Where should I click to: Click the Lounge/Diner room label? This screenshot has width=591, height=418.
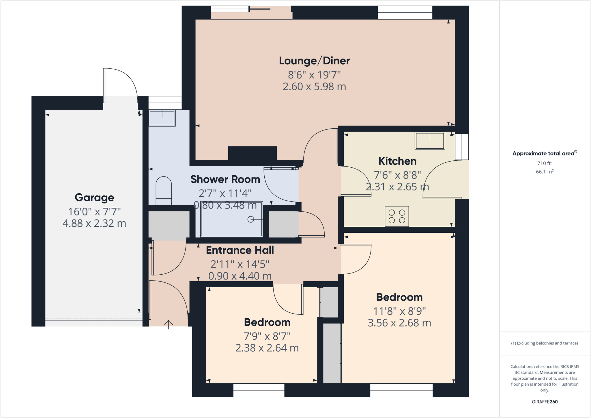(314, 61)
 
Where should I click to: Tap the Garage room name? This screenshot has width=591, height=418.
(94, 198)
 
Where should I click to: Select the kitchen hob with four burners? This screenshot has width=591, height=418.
(397, 216)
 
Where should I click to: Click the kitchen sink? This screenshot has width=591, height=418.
(430, 141)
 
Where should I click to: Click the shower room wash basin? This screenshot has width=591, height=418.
(162, 118)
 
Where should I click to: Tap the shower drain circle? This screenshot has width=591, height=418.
(250, 220)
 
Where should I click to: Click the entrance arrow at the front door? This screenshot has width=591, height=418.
(169, 324)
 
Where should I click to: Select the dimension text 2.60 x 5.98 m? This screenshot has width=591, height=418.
(314, 87)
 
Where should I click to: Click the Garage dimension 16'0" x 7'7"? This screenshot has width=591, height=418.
(94, 212)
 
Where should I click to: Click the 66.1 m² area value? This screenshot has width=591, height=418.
(545, 172)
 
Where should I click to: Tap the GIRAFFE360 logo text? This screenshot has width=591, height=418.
(545, 402)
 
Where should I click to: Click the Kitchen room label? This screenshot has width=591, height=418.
(397, 161)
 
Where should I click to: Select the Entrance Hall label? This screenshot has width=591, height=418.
(240, 250)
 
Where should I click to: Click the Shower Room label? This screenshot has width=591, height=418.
(225, 179)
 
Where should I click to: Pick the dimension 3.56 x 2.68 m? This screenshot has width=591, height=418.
(399, 323)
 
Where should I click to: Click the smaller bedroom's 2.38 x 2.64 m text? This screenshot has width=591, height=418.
(267, 348)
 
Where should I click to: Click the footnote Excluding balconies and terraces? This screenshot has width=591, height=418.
(545, 343)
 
